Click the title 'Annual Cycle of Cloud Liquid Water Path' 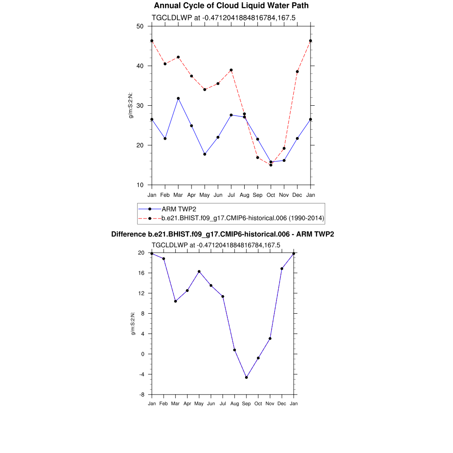(x=231, y=6)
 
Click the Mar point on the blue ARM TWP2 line (x=178, y=98)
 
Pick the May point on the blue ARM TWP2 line (x=205, y=154)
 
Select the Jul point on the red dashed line (x=231, y=70)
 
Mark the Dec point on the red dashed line (x=297, y=72)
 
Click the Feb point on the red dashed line (x=165, y=64)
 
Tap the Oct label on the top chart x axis (x=271, y=195)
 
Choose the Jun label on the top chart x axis (x=218, y=195)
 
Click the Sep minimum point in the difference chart (x=246, y=377)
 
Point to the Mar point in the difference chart (x=176, y=301)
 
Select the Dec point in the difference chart (x=282, y=269)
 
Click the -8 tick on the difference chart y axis (x=142, y=395)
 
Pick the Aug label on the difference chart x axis (x=234, y=403)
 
